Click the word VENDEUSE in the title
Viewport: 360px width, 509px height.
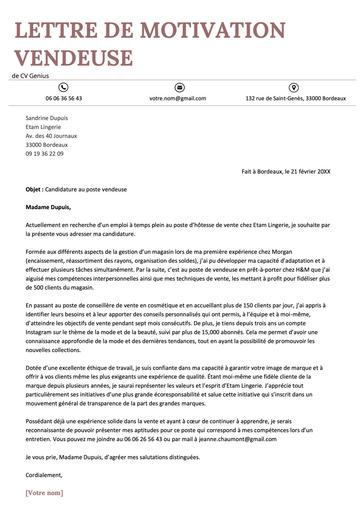point(76,56)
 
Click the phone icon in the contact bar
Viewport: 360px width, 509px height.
point(64,87)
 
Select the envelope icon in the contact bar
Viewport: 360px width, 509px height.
point(179,87)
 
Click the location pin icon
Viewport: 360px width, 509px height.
point(295,87)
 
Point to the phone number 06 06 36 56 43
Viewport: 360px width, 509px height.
point(64,99)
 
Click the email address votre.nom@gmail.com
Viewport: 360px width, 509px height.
point(179,99)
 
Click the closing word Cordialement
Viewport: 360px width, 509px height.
point(44,474)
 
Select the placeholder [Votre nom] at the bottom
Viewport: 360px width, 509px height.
point(44,493)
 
